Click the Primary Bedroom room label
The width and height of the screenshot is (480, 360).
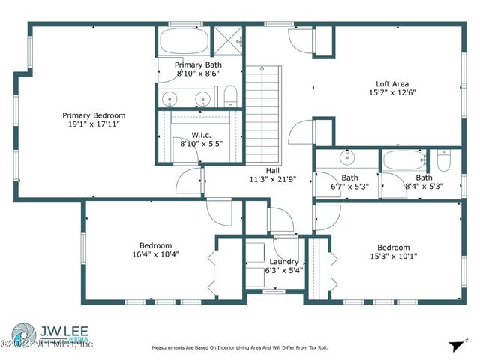click(x=94, y=115)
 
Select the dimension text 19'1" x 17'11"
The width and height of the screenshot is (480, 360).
click(x=94, y=124)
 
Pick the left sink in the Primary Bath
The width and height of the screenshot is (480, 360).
click(x=172, y=97)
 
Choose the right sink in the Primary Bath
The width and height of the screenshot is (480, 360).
click(x=202, y=97)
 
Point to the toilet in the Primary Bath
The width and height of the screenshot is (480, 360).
click(x=231, y=94)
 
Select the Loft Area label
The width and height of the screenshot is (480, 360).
click(x=392, y=84)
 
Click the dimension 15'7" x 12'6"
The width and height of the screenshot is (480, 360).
click(x=392, y=93)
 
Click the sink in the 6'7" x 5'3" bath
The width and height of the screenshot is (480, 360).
click(x=347, y=159)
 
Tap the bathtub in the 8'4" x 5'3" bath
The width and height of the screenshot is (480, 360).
click(x=403, y=160)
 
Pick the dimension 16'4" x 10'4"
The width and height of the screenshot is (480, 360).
click(x=155, y=254)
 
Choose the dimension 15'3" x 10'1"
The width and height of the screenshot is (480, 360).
click(x=393, y=256)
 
